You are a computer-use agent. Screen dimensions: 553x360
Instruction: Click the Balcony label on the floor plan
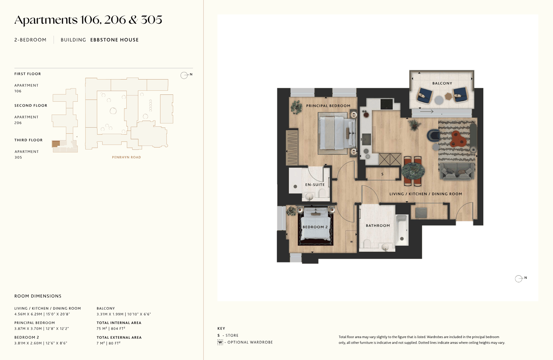[x=442, y=83]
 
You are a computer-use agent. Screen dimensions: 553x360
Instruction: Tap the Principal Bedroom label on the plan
[x=328, y=106]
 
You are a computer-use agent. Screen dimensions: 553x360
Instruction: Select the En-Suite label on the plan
[x=315, y=185]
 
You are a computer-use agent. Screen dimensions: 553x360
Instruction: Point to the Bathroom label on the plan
[x=378, y=226]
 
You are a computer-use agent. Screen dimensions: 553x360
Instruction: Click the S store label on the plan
[x=382, y=174]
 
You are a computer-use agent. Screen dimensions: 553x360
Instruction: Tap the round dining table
[x=413, y=171]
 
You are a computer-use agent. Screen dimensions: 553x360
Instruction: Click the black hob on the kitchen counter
[x=386, y=104]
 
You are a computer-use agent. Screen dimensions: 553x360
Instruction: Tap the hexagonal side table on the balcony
[x=448, y=96]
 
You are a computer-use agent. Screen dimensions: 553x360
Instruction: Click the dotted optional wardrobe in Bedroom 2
[x=351, y=241]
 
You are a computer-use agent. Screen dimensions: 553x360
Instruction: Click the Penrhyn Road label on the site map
[x=126, y=157]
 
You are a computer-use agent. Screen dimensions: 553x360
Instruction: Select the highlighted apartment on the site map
[x=56, y=144]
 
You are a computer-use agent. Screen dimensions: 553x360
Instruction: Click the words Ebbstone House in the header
[x=114, y=40]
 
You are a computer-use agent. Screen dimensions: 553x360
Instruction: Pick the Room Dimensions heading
[x=38, y=296]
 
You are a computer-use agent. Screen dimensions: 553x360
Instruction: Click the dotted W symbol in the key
[x=220, y=342]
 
